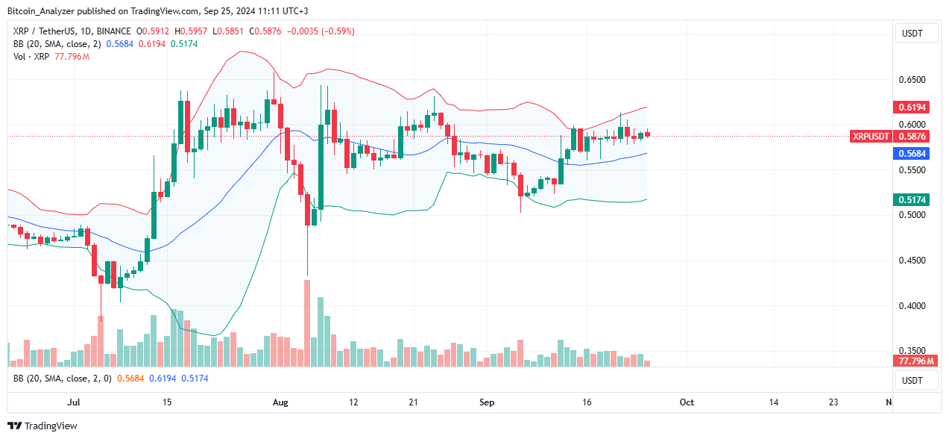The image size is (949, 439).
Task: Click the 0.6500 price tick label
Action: pos(911,79)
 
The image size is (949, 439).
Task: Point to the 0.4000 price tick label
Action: pos(911,305)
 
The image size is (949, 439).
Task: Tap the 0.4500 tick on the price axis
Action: pos(911,261)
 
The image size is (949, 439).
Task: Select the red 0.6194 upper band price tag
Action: pos(912,108)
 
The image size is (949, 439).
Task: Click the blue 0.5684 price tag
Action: pos(912,153)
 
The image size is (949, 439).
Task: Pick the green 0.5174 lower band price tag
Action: pos(912,199)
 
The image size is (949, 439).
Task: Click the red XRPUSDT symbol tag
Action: pos(871,136)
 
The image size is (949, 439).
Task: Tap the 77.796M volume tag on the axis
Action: pos(912,361)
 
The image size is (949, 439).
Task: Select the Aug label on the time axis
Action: pos(280,402)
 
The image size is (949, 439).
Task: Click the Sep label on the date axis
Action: pos(487,402)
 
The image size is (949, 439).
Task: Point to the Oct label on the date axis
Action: pos(687,402)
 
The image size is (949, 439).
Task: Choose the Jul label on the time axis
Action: pos(74,402)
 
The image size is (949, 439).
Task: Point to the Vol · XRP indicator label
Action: pos(32,57)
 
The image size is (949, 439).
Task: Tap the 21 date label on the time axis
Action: pos(414,402)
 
